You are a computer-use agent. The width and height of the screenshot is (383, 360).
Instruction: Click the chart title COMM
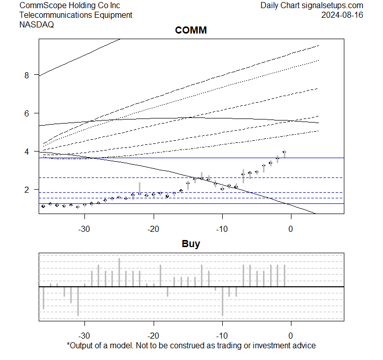coord(191,31)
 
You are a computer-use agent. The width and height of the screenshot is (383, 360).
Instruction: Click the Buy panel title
coord(191,244)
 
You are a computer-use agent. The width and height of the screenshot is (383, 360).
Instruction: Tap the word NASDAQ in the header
coord(37,24)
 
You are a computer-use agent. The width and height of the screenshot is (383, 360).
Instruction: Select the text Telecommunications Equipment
coord(76,15)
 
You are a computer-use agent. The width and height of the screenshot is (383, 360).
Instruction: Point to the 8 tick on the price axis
coord(28,75)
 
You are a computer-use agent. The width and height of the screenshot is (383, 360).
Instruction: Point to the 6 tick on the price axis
coord(28,113)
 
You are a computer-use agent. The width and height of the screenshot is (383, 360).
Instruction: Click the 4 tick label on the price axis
coord(28,152)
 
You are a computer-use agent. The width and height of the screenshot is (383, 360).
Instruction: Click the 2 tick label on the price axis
coord(28,190)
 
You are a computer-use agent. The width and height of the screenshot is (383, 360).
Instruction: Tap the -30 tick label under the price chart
coord(84,228)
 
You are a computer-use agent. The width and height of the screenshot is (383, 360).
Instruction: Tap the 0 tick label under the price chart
coord(290,228)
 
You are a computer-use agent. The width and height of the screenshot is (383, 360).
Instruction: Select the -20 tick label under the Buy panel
coord(153,336)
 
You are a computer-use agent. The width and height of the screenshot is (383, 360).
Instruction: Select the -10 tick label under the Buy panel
coord(222,336)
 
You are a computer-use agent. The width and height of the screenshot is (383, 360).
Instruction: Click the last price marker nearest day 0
coord(284,152)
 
